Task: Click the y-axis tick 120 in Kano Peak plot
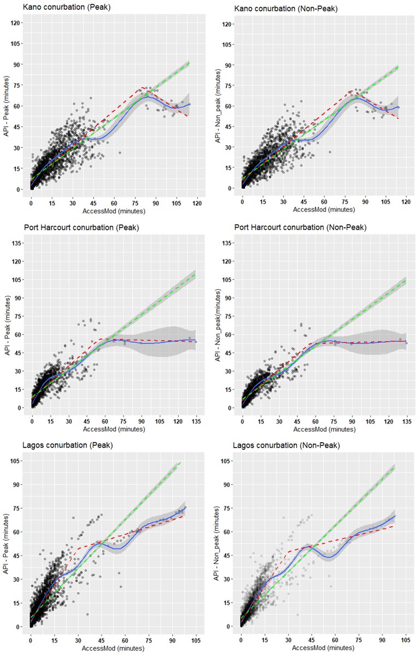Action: [16, 23]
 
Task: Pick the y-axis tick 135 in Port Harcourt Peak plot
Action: [16, 242]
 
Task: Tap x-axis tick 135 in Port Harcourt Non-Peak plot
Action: [406, 421]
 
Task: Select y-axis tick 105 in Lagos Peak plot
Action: [16, 461]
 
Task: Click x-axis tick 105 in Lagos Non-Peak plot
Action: [406, 640]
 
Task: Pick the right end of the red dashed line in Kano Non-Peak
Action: [399, 118]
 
